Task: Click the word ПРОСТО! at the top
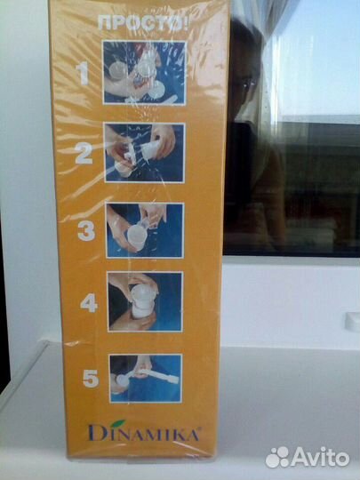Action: (143, 24)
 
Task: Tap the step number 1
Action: (82, 74)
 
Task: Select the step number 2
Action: (84, 153)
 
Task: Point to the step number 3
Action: (87, 230)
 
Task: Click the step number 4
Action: (89, 303)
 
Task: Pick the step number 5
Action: (91, 378)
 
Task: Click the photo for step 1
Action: (145, 73)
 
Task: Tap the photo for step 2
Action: (145, 153)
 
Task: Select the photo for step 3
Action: (145, 230)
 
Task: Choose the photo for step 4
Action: (145, 301)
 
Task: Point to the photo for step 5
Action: (146, 379)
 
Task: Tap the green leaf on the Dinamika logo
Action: (118, 423)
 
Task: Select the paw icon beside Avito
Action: (277, 457)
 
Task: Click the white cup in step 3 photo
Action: (137, 236)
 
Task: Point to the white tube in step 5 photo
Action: (158, 375)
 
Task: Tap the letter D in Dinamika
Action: (95, 432)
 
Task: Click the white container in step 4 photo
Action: (141, 302)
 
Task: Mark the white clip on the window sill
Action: (352, 322)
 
